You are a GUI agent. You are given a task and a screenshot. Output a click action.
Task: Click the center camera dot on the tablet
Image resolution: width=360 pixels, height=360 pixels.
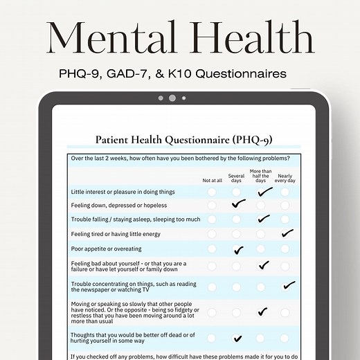[x=172, y=98]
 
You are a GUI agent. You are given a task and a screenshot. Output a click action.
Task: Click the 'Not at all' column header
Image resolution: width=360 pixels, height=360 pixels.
[x=213, y=180]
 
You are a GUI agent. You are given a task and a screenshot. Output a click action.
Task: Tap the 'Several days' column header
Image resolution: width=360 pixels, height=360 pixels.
[x=237, y=178]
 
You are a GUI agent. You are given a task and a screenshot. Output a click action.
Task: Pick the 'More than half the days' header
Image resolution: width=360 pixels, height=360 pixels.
[x=261, y=176]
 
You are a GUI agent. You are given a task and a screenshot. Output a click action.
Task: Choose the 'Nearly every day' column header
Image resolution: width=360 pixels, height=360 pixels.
[x=285, y=178]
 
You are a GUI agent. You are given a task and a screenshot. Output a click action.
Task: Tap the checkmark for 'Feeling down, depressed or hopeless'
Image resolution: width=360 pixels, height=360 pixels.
[x=239, y=204]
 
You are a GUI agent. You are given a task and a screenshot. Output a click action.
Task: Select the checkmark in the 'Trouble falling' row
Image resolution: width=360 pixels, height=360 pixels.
[x=263, y=219]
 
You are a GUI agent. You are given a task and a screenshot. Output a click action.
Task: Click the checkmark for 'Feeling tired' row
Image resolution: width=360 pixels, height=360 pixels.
[x=287, y=233]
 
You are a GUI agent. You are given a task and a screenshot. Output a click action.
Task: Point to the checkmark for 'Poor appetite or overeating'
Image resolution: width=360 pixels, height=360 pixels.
[x=239, y=249]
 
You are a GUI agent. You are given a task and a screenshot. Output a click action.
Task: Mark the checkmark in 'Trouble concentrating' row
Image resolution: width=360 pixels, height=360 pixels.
[x=288, y=285]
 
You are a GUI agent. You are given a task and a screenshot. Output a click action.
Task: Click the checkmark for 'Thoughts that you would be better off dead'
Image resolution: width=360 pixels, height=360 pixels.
[x=238, y=339]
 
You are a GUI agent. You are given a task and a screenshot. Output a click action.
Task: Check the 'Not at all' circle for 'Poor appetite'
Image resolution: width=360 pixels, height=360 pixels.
[x=212, y=249]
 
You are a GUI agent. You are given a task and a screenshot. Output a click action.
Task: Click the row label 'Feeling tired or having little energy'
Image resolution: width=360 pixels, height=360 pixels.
[x=117, y=234]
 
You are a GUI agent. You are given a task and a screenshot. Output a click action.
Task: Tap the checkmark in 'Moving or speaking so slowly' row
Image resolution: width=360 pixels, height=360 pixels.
[x=262, y=312]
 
